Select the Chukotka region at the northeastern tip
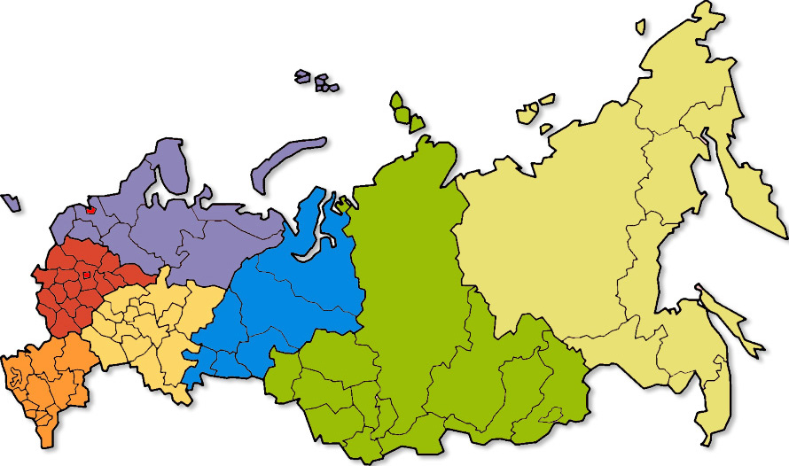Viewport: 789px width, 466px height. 683,80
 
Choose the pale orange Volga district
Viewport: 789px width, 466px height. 151,328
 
